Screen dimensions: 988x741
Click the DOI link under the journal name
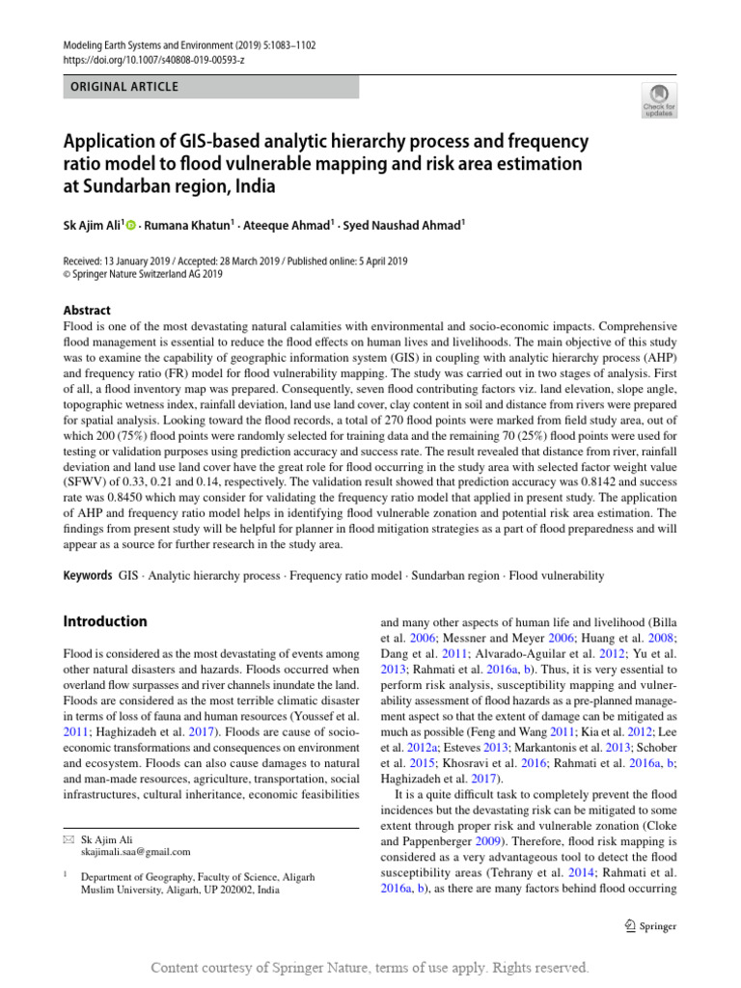pyautogui.click(x=153, y=60)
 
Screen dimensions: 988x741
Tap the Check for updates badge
pyautogui.click(x=660, y=100)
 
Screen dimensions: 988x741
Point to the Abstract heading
pyautogui.click(x=86, y=311)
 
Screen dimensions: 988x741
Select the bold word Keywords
pyautogui.click(x=87, y=576)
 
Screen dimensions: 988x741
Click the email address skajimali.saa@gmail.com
pyautogui.click(x=136, y=852)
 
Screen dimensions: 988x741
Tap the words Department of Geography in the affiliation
pyautogui.click(x=138, y=877)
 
